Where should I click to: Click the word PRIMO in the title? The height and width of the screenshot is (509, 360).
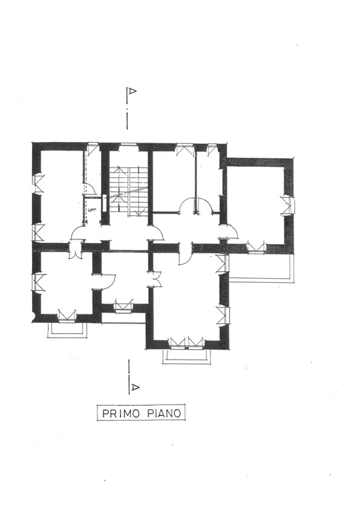pyautogui.click(x=121, y=413)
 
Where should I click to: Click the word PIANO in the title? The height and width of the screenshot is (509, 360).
pyautogui.click(x=164, y=413)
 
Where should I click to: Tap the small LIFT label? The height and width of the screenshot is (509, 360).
pyautogui.click(x=91, y=210)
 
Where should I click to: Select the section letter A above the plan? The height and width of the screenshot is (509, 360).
pyautogui.click(x=131, y=91)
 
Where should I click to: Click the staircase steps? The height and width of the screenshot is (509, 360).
pyautogui.click(x=128, y=191)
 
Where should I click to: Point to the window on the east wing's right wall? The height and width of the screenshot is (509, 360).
pyautogui.click(x=288, y=205)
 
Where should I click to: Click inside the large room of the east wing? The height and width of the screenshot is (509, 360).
pyautogui.click(x=255, y=204)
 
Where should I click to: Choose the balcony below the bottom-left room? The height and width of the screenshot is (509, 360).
pyautogui.click(x=67, y=330)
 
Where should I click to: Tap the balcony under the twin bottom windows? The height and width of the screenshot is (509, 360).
pyautogui.click(x=186, y=357)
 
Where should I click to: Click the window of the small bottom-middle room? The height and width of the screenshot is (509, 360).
pyautogui.click(x=124, y=306)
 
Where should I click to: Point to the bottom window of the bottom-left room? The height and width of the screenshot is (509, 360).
pyautogui.click(x=67, y=316)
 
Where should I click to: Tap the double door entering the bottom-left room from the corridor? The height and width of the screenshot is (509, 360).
pyautogui.click(x=75, y=251)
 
